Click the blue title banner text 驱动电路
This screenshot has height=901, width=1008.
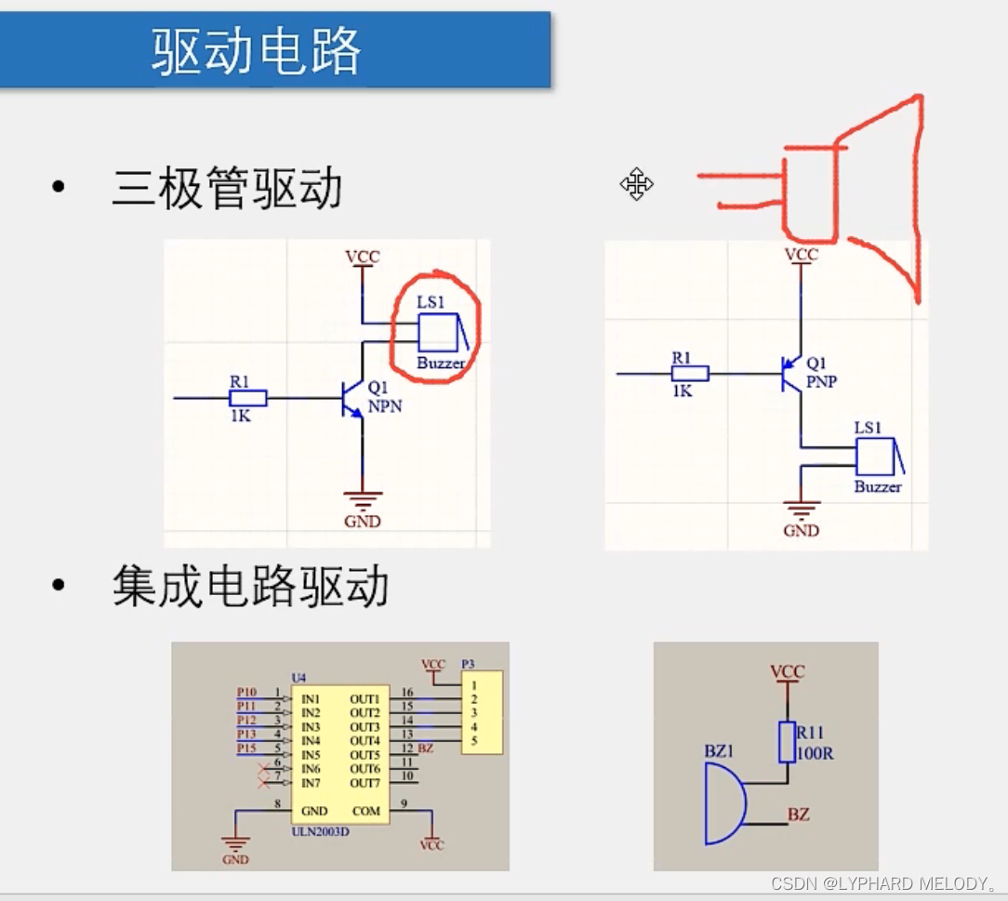pyautogui.click(x=257, y=51)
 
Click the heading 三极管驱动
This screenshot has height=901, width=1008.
pyautogui.click(x=227, y=189)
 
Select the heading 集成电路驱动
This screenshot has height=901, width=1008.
pyautogui.click(x=250, y=587)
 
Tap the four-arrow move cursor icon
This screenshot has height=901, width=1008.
pyautogui.click(x=637, y=184)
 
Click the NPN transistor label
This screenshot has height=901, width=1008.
pyautogui.click(x=384, y=405)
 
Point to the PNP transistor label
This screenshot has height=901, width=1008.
pyautogui.click(x=821, y=381)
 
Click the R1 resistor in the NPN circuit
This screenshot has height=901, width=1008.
pyautogui.click(x=248, y=398)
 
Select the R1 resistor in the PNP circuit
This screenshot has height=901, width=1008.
pyautogui.click(x=690, y=374)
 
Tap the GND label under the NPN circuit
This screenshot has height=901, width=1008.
pyautogui.click(x=362, y=522)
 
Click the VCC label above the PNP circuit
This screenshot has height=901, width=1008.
pyautogui.click(x=801, y=255)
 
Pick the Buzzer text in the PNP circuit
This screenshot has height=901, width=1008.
pyautogui.click(x=878, y=487)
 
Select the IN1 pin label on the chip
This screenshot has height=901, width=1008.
pyautogui.click(x=311, y=698)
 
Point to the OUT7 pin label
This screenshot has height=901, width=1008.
pyautogui.click(x=365, y=783)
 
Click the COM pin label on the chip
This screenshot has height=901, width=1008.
pyautogui.click(x=365, y=811)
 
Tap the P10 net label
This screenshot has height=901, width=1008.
pyautogui.click(x=246, y=693)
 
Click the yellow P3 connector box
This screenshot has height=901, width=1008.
pyautogui.click(x=482, y=712)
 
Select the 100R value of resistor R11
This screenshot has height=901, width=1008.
pyautogui.click(x=815, y=753)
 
